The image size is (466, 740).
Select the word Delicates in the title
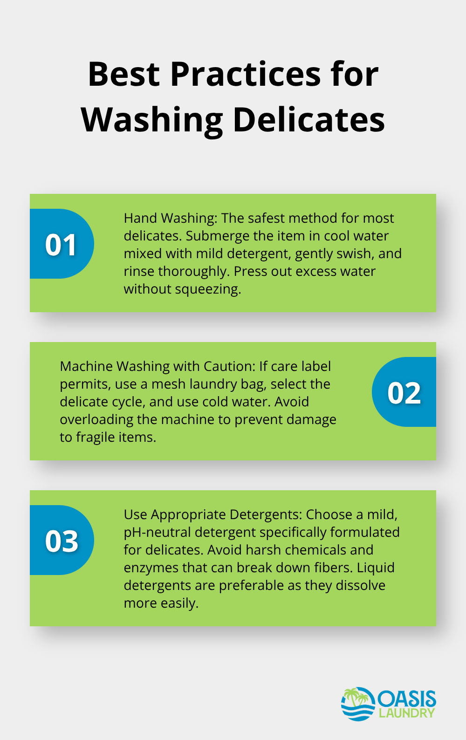[x=308, y=119]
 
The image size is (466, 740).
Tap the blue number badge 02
[x=404, y=392]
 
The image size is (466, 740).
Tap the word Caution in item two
[x=228, y=366]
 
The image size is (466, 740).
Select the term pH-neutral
[x=157, y=532]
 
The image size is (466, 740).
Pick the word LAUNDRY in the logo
[x=406, y=713]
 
